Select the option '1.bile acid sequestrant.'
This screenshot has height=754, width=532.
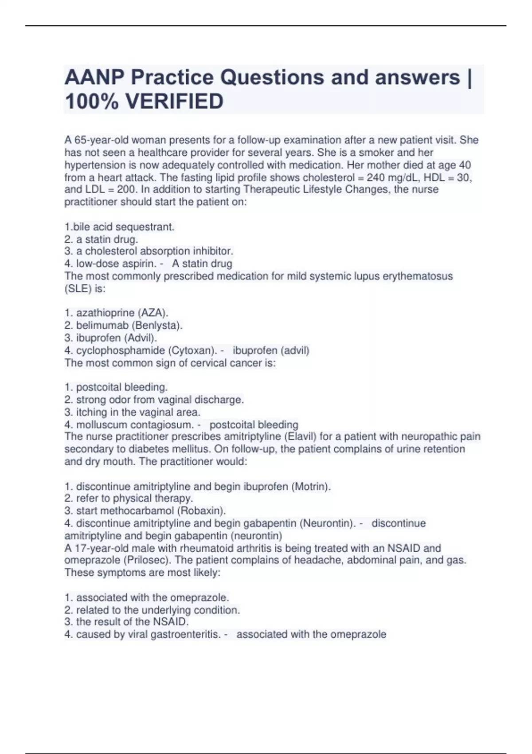click(x=119, y=227)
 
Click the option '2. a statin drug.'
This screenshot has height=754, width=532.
click(x=101, y=239)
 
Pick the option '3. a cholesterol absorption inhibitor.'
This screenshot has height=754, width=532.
click(x=149, y=251)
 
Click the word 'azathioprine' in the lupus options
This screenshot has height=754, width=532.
click(x=105, y=313)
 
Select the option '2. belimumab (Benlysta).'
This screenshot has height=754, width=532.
click(x=123, y=325)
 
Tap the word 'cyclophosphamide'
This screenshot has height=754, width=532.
click(x=120, y=350)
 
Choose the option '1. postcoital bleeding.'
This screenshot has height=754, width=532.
click(x=116, y=387)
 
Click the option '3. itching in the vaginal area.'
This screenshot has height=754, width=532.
click(x=132, y=412)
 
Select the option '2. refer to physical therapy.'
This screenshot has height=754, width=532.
click(x=129, y=498)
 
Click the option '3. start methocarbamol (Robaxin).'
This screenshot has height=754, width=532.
click(x=145, y=511)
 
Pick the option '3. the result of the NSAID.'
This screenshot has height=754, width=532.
click(x=126, y=622)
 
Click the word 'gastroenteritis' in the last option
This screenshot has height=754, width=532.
click(x=185, y=634)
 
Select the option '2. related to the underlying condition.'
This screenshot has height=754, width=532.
click(x=152, y=610)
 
